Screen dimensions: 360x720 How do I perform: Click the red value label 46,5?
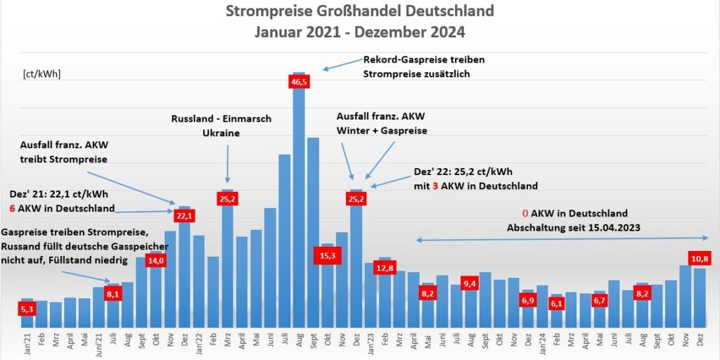299,82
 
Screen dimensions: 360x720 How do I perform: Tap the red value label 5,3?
27,309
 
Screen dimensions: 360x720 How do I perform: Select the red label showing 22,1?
184,215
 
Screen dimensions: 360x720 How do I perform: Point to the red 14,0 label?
155,261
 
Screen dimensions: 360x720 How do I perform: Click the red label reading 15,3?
327,257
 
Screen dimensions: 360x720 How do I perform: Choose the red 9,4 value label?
470,283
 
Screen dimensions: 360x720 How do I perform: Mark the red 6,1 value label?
555,304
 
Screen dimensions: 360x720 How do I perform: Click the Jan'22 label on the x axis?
199,344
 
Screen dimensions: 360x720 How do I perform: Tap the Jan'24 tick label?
542,344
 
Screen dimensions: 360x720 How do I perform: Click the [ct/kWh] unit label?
41,73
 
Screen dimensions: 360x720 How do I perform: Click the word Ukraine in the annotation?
221,132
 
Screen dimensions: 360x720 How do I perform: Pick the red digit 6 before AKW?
12,209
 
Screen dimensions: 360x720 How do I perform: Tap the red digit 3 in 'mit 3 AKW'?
436,186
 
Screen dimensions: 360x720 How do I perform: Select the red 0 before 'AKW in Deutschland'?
525,213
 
